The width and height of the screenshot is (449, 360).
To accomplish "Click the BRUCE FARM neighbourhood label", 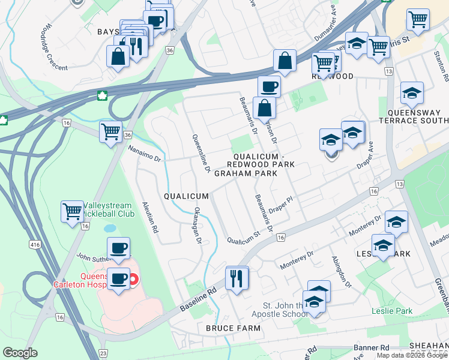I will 233,328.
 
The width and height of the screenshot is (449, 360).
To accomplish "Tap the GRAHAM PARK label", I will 246,173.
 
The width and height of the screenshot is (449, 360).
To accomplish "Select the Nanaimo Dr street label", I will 146,155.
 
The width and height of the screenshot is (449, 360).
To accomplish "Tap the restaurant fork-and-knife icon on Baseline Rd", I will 237,278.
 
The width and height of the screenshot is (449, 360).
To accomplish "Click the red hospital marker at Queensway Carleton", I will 134,279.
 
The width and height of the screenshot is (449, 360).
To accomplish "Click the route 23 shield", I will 103,353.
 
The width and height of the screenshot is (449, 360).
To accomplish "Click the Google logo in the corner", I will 20,352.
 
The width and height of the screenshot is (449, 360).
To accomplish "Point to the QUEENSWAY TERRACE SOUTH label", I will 410,116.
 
